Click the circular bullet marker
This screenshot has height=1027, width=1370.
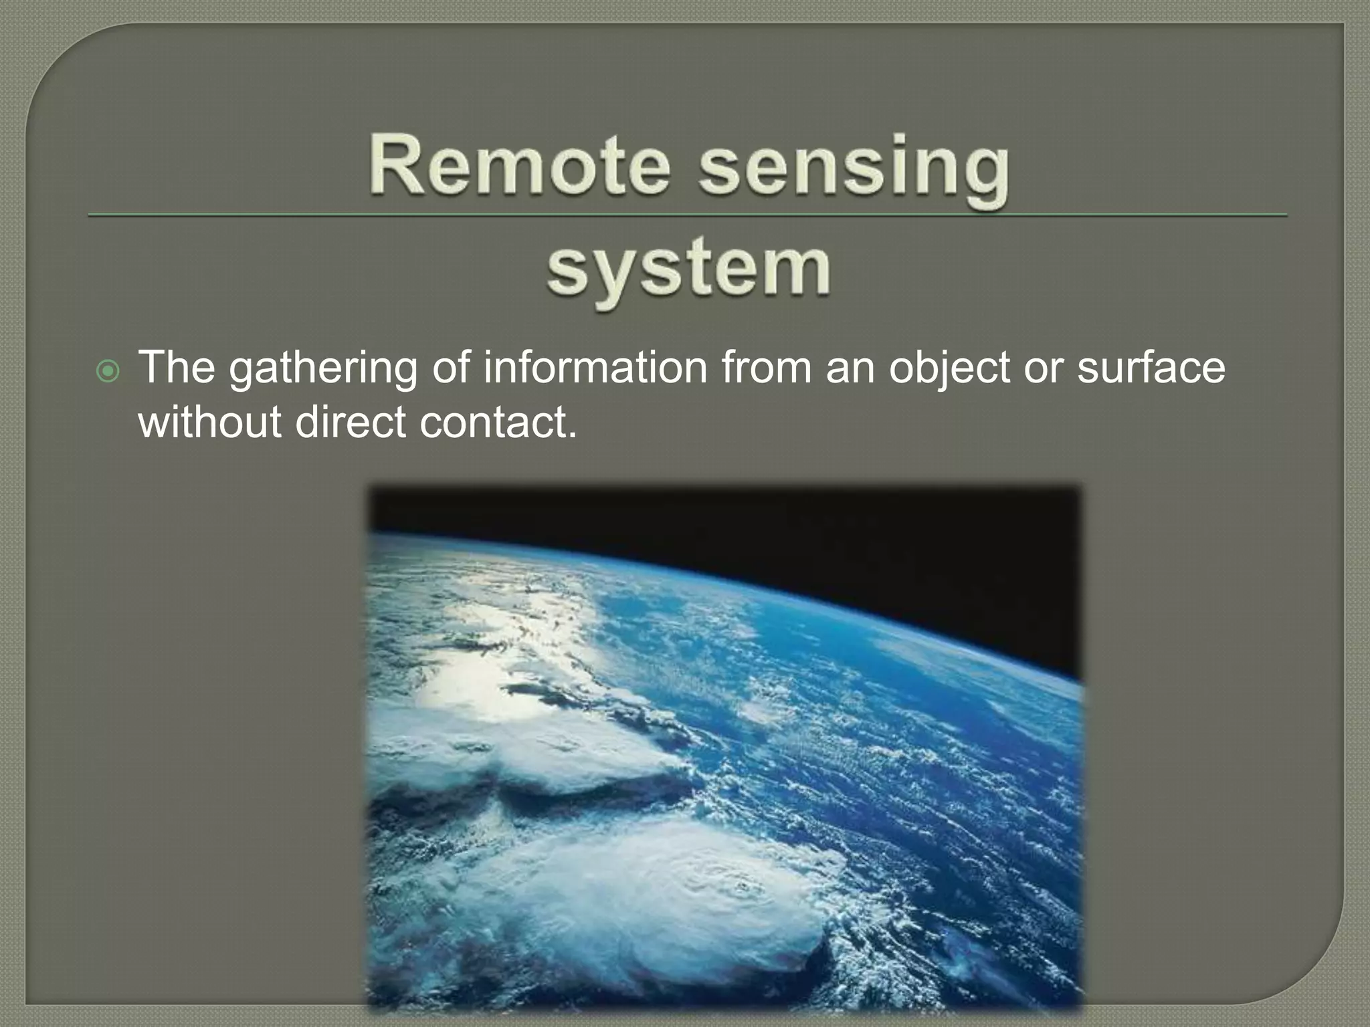108,372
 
